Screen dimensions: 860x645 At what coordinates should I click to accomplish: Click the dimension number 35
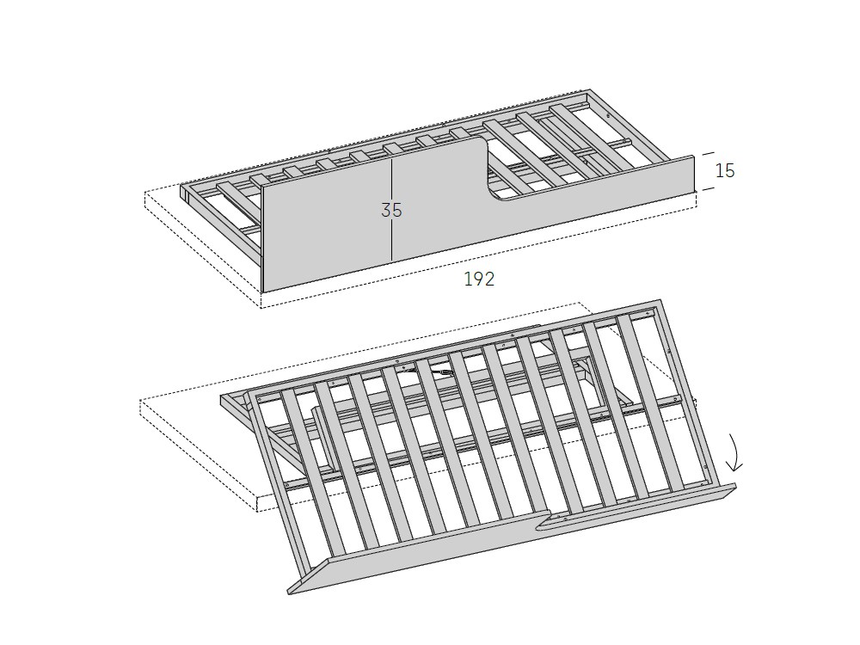click(391, 210)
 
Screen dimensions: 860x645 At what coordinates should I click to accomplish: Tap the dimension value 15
click(724, 170)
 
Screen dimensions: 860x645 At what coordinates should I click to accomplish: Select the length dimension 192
click(479, 279)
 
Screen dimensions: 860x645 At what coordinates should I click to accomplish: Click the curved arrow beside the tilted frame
click(734, 452)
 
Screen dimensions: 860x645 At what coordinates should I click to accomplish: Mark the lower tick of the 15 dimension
click(709, 188)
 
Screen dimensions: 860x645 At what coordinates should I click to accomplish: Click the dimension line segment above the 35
click(391, 180)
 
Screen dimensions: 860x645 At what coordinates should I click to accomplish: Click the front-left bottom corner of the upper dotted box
click(261, 308)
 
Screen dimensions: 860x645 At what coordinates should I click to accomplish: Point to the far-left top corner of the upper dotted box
click(144, 193)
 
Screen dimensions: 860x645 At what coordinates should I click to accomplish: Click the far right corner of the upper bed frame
click(590, 89)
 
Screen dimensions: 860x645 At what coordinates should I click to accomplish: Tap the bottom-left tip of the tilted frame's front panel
click(288, 593)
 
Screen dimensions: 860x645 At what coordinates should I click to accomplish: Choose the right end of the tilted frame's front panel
click(735, 486)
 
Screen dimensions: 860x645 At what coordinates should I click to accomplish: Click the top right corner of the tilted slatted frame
click(660, 300)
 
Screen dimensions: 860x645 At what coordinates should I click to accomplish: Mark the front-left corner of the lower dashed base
click(258, 511)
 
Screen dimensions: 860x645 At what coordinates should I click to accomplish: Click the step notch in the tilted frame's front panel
click(543, 521)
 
